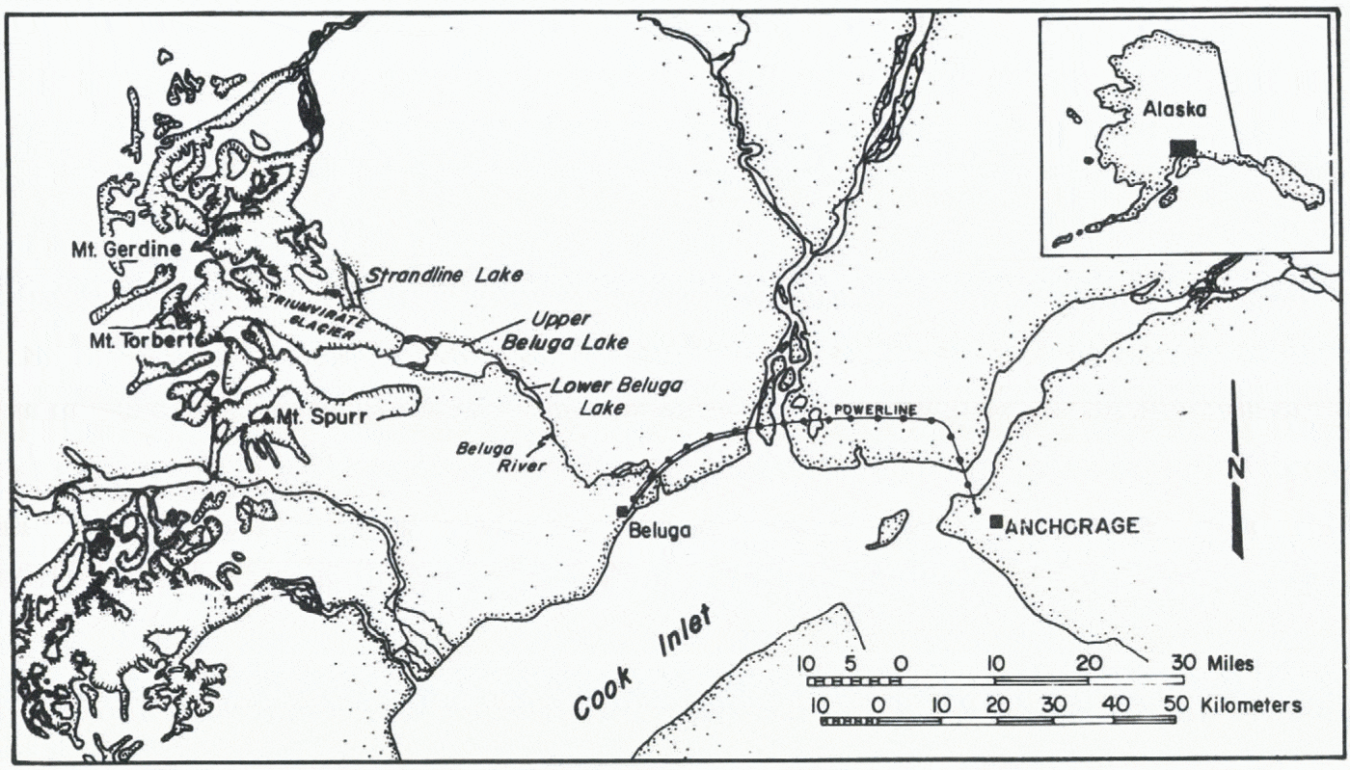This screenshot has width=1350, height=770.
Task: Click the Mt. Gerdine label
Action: pos(126,249)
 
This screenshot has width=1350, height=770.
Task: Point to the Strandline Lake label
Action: pos(444,276)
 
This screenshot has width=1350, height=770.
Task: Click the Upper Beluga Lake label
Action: pos(578,330)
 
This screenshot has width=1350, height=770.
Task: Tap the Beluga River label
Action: pos(499,458)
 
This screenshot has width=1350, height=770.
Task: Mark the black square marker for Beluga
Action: pos(623,510)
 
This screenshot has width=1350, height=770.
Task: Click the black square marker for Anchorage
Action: pos(995,521)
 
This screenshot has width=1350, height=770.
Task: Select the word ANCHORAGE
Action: pos(1072,526)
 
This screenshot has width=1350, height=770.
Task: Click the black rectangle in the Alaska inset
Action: pos(1182,147)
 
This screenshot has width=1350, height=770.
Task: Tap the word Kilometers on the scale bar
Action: pos(1252,704)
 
